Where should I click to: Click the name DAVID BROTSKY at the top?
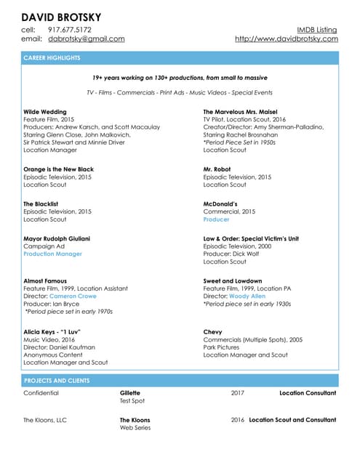[x=61, y=16]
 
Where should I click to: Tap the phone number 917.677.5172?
[x=70, y=30]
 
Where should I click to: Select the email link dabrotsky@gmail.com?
[x=87, y=39]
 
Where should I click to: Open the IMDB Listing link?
[x=317, y=30]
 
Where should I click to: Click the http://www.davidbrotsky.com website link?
[x=286, y=39]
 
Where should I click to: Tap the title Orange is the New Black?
[x=58, y=169]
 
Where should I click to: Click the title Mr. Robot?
[x=217, y=169]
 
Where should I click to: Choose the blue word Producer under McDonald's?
[x=216, y=219]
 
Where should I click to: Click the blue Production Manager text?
[x=52, y=254]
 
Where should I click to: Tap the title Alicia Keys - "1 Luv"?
[x=52, y=331]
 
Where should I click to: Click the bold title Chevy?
[x=212, y=331]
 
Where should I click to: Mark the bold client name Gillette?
[x=129, y=393]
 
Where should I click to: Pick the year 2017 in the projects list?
[x=237, y=393]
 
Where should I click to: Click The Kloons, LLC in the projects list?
[x=45, y=420]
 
